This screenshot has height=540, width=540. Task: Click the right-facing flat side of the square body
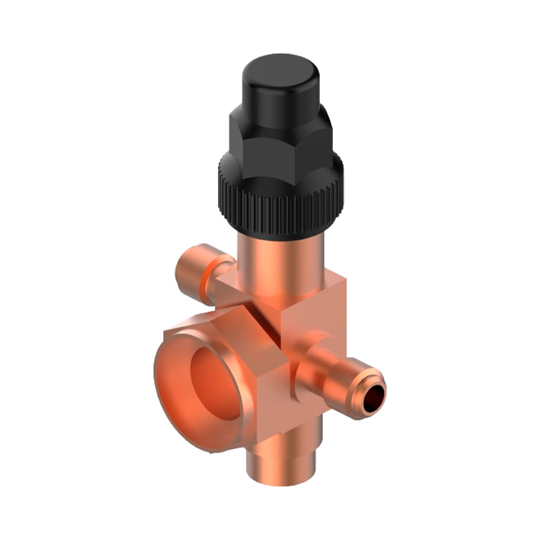click(319, 319)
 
